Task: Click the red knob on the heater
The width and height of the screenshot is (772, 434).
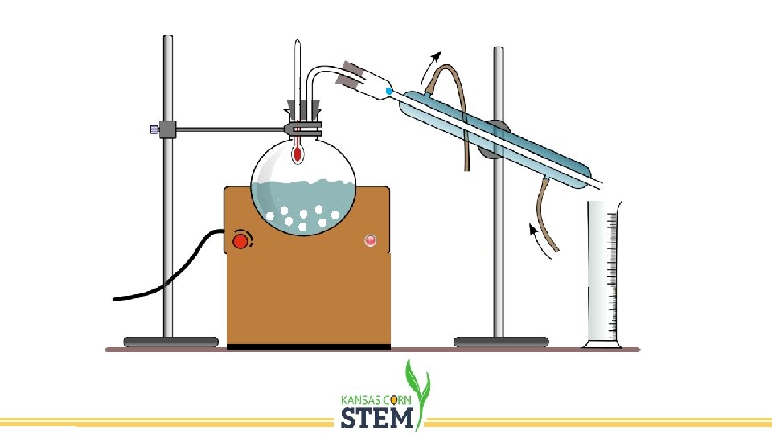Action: (240, 240)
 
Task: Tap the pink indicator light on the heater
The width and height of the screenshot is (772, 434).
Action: (370, 240)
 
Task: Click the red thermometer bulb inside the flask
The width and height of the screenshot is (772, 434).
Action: (298, 153)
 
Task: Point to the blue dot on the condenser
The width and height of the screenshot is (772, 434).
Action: (390, 92)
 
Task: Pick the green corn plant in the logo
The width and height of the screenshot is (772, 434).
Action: (418, 386)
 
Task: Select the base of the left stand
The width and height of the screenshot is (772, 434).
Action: (170, 342)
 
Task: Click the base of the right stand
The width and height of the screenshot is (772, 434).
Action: (501, 342)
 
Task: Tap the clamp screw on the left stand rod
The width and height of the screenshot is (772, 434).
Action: (154, 129)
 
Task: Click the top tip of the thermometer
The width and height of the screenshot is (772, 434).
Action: (297, 42)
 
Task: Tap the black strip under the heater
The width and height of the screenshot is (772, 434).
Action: (309, 346)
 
